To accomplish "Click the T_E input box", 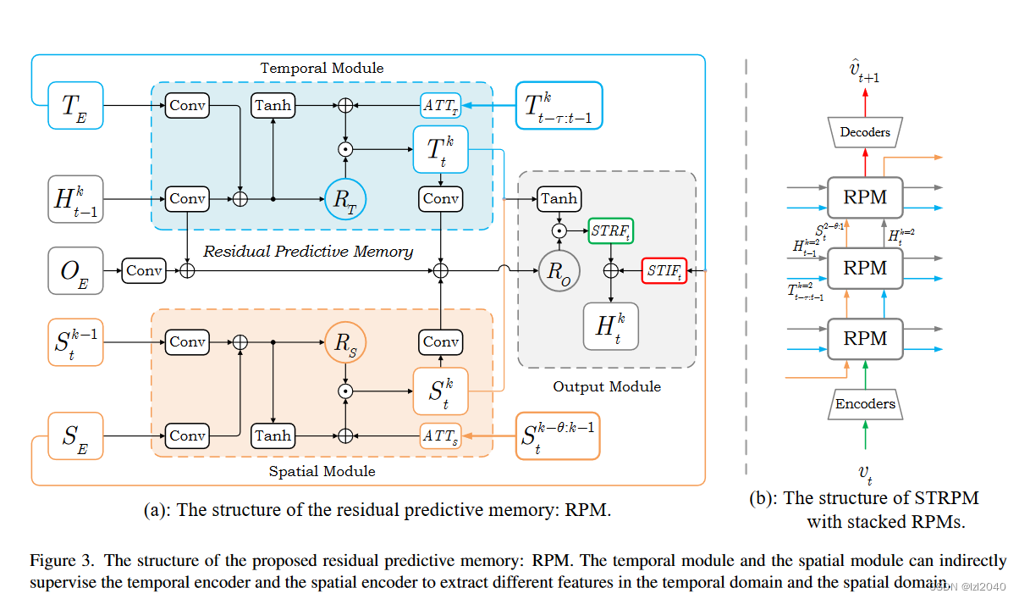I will (x=75, y=105).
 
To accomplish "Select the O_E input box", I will (x=75, y=270).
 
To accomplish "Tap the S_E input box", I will (x=75, y=435).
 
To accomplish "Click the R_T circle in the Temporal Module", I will (x=345, y=199).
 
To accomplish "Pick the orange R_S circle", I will (x=345, y=342).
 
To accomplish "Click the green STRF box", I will (x=610, y=230).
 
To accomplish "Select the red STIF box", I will (x=664, y=271).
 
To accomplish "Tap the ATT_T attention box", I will (x=440, y=106).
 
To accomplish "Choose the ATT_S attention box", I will (x=440, y=435).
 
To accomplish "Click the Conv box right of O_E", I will (x=145, y=271).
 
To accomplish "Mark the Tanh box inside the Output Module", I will (x=559, y=198).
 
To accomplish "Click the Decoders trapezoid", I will (x=864, y=131).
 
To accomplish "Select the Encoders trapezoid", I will (x=864, y=404).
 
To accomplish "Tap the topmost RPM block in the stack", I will (x=865, y=197).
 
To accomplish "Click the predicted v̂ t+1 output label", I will (x=864, y=71).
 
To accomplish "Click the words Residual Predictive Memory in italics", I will (x=308, y=251).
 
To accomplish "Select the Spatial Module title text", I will (x=322, y=471).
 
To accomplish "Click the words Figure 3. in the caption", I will (x=63, y=560).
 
